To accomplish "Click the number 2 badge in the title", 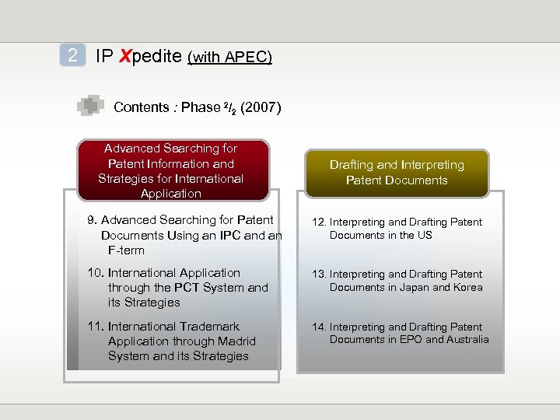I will (x=72, y=56).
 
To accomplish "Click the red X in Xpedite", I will (x=126, y=56).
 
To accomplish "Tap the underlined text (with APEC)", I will (x=230, y=58).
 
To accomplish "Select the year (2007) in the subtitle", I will (x=261, y=107).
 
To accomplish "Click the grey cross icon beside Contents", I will (x=90, y=107).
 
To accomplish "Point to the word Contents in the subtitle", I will (x=141, y=107).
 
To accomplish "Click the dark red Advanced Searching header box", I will (x=170, y=170).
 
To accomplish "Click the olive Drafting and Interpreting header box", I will (x=397, y=172).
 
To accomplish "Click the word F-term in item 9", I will (x=126, y=250).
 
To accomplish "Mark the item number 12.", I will (x=319, y=222).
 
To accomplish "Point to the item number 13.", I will (x=319, y=275).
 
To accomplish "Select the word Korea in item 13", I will (x=467, y=287).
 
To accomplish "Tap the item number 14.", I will (x=319, y=327).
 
